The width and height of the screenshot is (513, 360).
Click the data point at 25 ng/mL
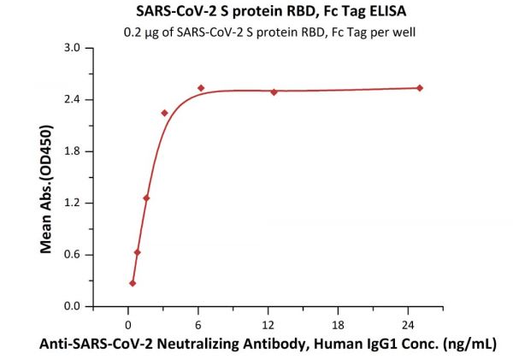(420, 88)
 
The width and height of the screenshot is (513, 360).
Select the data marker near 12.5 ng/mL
(274, 91)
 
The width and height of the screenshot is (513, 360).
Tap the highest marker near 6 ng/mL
(201, 88)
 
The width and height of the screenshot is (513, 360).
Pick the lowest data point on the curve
(133, 283)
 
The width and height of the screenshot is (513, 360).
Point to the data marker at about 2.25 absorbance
(165, 113)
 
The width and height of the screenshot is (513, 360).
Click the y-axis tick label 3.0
(73, 48)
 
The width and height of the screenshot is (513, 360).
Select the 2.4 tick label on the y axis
(73, 100)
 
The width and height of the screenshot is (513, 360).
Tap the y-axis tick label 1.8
(73, 151)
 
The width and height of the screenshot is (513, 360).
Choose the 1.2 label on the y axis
(73, 204)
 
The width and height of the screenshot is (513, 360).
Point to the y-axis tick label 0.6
(73, 255)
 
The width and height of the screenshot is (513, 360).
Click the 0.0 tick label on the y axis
(73, 307)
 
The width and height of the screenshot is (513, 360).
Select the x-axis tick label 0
(128, 324)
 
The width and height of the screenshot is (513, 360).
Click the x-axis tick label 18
(338, 324)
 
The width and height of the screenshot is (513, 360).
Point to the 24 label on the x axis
(408, 324)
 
